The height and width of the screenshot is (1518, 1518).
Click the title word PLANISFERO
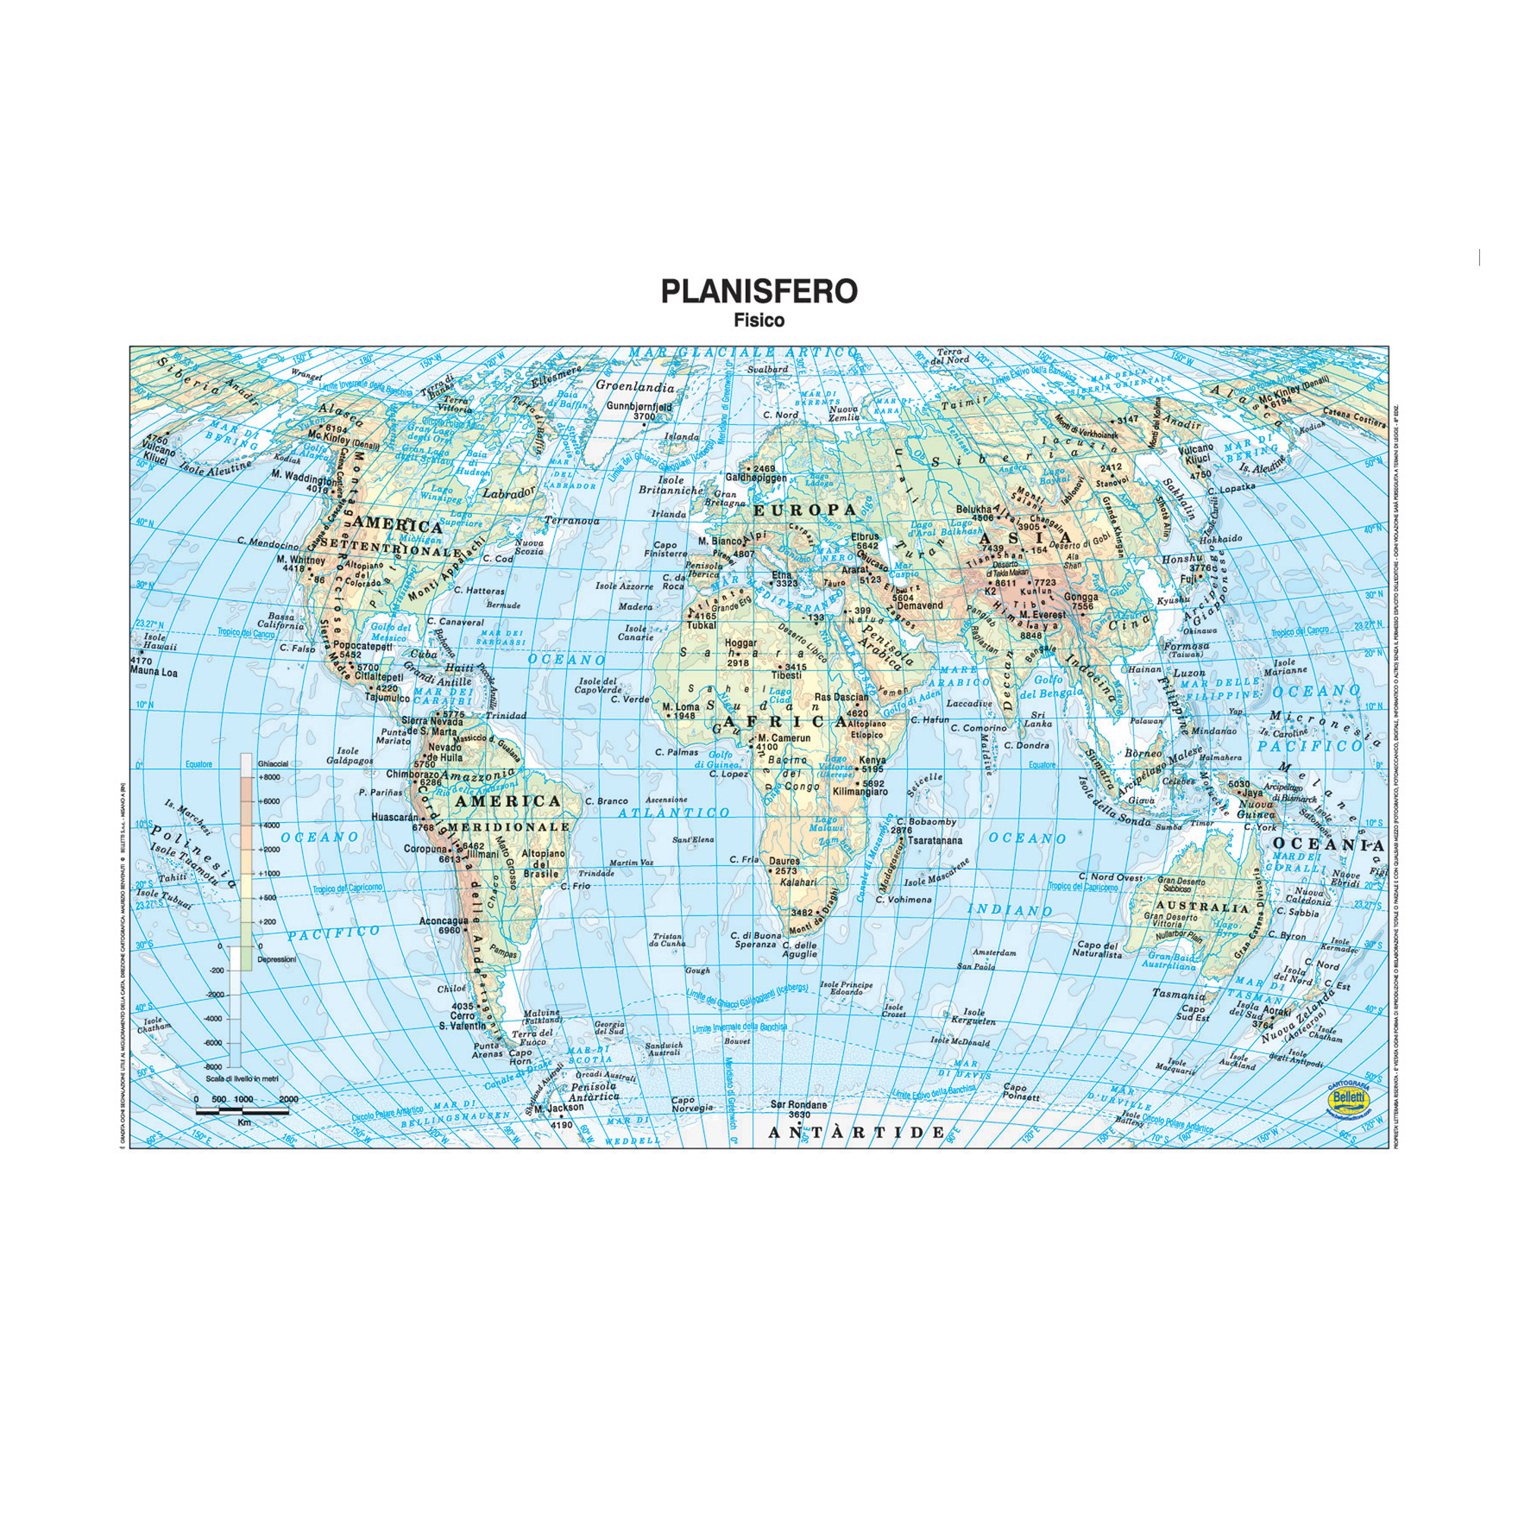759,291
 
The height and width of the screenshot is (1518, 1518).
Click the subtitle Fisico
759,320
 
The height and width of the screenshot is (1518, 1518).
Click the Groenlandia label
635,386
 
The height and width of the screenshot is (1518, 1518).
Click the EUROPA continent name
805,510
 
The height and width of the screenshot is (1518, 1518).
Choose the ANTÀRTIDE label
856,1132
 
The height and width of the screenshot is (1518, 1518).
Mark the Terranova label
572,521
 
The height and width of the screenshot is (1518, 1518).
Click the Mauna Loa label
155,672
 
